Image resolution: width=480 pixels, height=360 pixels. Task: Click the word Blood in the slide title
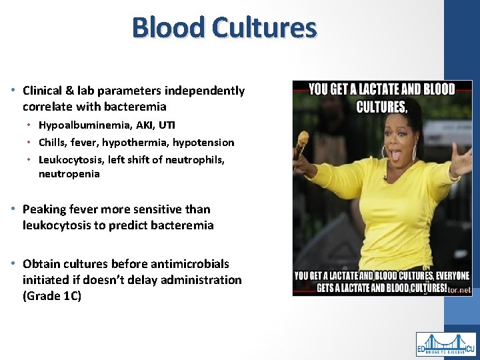tap(168, 28)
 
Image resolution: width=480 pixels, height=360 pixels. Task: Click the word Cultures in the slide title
tap(265, 28)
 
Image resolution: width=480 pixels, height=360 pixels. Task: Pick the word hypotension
tap(205, 142)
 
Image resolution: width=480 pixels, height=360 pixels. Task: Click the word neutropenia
tap(69, 174)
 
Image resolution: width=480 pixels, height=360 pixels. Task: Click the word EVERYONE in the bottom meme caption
tap(447, 276)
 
